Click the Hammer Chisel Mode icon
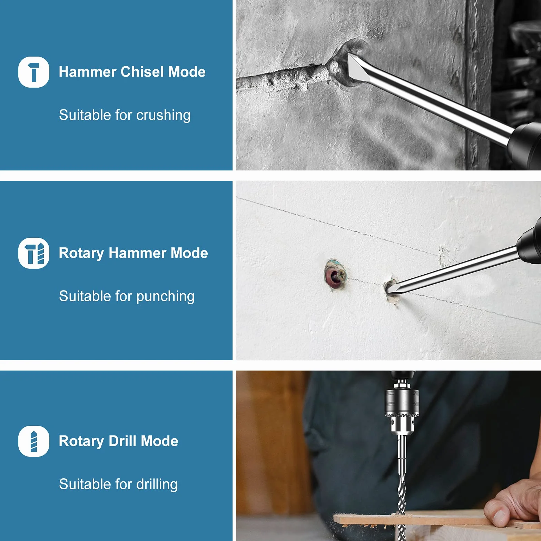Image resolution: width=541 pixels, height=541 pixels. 34,72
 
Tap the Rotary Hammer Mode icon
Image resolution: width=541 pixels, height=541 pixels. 34,253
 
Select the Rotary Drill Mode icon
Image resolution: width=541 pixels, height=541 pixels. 34,441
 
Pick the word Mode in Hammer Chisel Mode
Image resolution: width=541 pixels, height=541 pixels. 187,72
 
